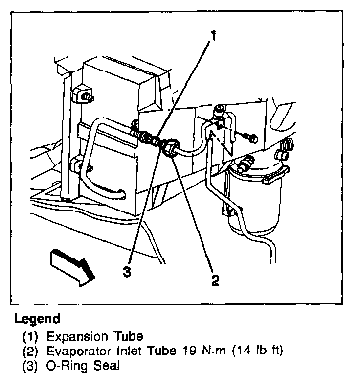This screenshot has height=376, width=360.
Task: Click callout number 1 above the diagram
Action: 213,35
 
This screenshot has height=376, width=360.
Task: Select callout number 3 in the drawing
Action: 127,273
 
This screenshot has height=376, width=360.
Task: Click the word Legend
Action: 37,320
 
